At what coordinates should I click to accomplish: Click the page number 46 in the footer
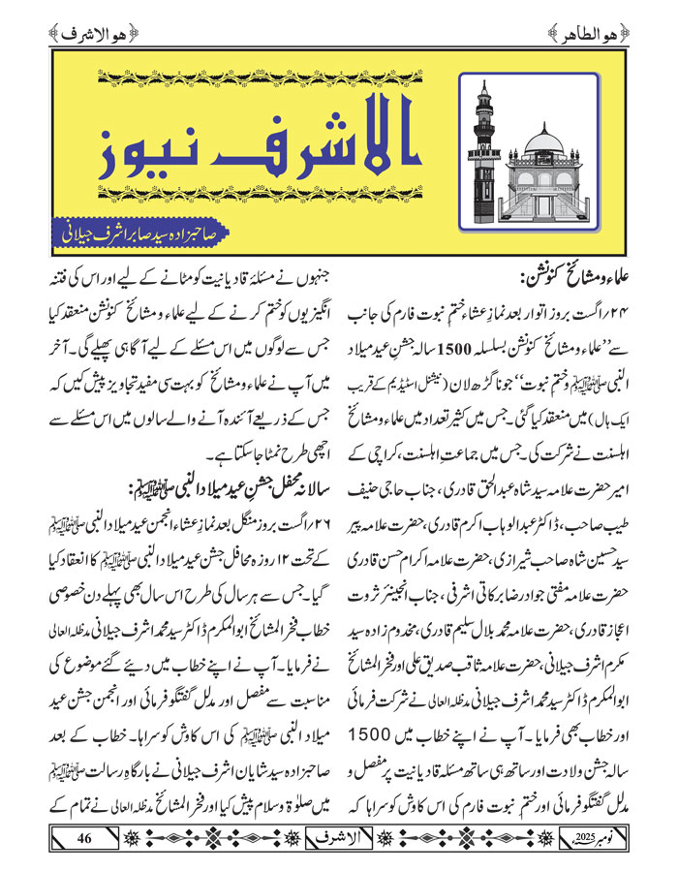(x=83, y=836)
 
